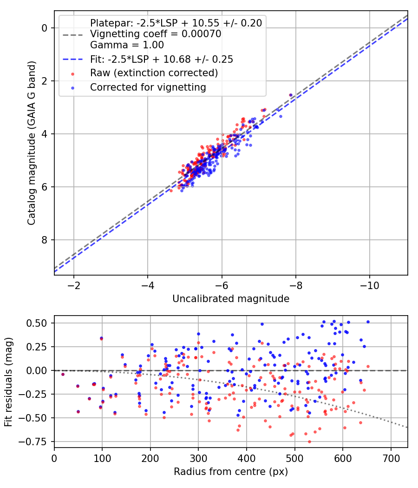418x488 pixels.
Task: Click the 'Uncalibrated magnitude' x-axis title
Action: [x=231, y=299]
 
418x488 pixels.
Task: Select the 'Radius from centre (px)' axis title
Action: [x=231, y=472]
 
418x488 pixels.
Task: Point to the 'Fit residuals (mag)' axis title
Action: [x=8, y=382]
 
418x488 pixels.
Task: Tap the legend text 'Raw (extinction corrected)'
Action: [x=154, y=73]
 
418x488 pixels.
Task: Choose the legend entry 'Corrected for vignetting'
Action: [x=148, y=87]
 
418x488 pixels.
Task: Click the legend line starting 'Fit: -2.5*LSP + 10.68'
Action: [x=161, y=59]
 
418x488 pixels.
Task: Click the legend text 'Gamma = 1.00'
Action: [x=127, y=45]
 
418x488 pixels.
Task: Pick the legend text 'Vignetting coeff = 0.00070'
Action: [x=156, y=34]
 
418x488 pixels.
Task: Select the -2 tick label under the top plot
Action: [x=74, y=284]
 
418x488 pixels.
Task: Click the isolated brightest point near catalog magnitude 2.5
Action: [x=291, y=95]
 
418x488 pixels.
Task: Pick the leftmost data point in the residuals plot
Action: [x=63, y=374]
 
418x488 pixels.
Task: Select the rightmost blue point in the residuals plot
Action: [x=368, y=322]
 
